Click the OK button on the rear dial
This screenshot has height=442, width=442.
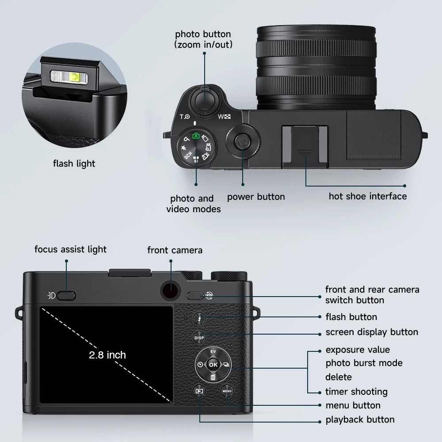(x=213, y=365)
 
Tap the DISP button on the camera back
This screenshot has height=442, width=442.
(x=199, y=338)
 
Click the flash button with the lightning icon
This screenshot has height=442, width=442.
(x=199, y=318)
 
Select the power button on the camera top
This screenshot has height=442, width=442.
(x=242, y=142)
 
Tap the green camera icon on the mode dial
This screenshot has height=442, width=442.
(x=196, y=136)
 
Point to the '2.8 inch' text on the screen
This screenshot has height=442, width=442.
(x=107, y=355)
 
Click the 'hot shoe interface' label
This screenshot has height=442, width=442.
(x=367, y=196)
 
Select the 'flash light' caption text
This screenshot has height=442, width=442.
(x=74, y=164)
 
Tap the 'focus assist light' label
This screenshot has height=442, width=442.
(x=71, y=249)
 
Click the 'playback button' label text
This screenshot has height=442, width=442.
(x=360, y=420)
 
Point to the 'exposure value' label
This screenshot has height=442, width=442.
(x=358, y=350)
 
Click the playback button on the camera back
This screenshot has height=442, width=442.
(x=199, y=391)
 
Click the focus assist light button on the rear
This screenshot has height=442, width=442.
(x=67, y=296)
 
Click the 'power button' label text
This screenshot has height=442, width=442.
(x=256, y=197)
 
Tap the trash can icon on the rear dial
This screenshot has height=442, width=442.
(x=213, y=377)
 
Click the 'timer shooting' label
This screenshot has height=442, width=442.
(x=356, y=392)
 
